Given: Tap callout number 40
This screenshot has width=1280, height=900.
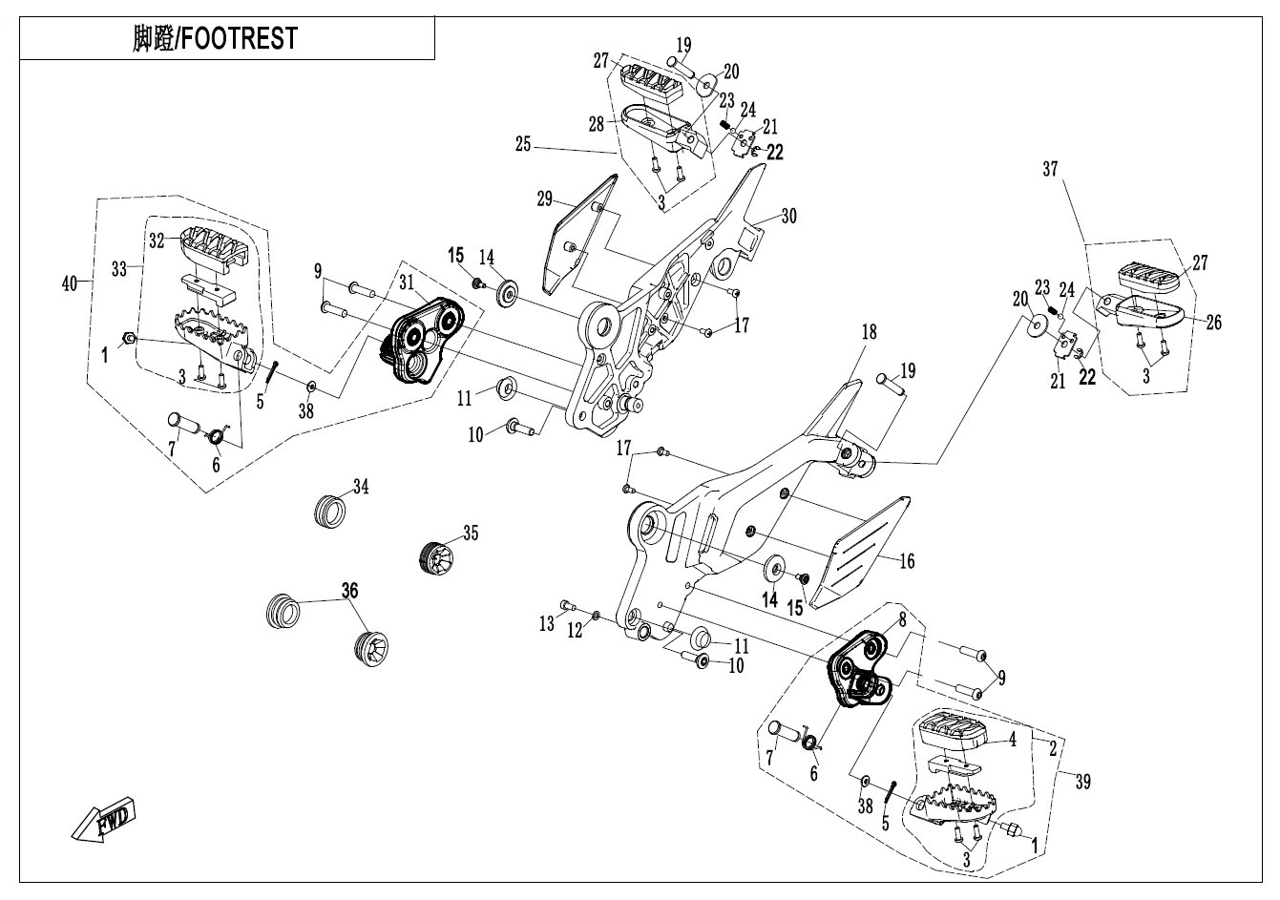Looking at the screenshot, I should click(69, 283).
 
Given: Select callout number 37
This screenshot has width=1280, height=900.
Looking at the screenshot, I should click(1051, 170).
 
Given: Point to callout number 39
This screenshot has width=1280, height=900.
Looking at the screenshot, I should click(1081, 782).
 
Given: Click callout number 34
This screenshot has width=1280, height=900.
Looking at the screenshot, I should click(360, 488).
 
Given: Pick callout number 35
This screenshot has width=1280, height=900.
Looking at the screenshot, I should click(471, 534).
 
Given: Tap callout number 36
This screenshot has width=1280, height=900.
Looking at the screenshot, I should click(350, 592).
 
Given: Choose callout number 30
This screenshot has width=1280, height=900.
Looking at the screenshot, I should click(788, 217).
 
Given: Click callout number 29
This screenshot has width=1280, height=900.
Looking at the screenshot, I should click(545, 199).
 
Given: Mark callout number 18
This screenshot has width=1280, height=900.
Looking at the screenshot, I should click(869, 333).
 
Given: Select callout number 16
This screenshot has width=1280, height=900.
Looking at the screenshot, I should click(907, 561).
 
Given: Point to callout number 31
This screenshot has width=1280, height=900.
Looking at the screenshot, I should click(407, 283).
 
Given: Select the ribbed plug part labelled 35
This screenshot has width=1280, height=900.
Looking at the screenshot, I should click(438, 555).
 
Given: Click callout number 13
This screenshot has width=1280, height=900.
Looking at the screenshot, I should click(546, 624).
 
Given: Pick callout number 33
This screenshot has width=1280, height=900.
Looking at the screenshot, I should click(119, 270).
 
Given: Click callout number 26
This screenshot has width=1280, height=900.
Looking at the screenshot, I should click(1214, 324).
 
